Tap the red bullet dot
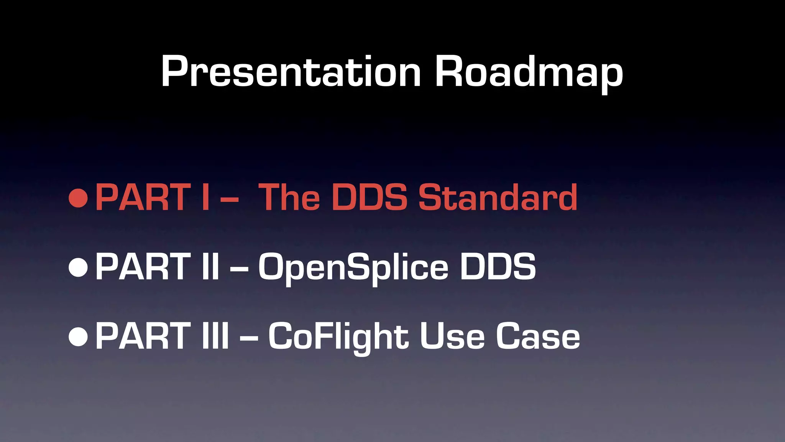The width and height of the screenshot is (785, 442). tap(79, 198)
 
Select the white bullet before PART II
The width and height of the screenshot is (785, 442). tap(79, 267)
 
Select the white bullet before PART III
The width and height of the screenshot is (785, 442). tap(79, 336)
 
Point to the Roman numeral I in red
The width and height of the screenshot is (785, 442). tap(205, 198)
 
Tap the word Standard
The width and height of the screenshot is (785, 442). tap(498, 198)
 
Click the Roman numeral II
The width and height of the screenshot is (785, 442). tap(210, 267)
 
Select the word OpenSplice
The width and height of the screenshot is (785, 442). tap(353, 267)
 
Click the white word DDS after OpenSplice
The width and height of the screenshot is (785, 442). tap(498, 267)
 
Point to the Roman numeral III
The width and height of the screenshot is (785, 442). tap(215, 336)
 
